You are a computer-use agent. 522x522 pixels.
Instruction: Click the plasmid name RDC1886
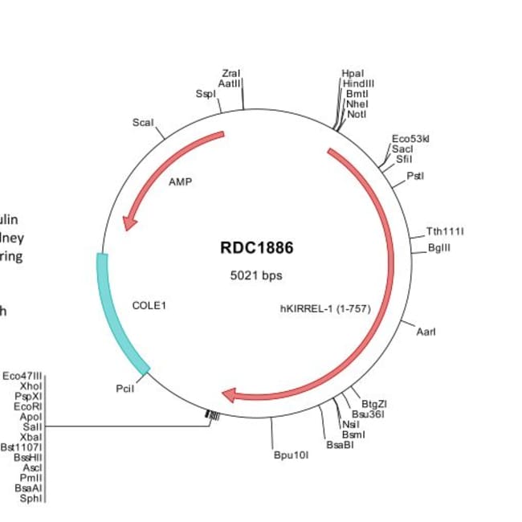(x=256, y=248)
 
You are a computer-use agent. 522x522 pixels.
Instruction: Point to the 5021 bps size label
(x=256, y=275)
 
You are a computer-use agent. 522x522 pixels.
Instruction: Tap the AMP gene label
(x=181, y=181)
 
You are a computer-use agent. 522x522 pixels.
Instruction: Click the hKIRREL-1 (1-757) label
(x=324, y=307)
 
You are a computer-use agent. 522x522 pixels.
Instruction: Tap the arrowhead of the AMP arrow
(x=127, y=221)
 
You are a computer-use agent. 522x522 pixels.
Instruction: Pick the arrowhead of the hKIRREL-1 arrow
(x=230, y=395)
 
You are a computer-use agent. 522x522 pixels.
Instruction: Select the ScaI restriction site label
(x=143, y=122)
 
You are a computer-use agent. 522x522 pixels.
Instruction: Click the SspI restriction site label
(x=206, y=94)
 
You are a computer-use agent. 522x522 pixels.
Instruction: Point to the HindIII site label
(x=358, y=83)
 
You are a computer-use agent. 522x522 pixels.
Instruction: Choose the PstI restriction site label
(x=415, y=175)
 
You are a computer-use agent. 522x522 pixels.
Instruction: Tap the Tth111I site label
(x=445, y=232)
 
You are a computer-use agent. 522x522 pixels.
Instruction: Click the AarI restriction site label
(x=426, y=331)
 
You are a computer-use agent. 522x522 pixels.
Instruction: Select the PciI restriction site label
(x=124, y=389)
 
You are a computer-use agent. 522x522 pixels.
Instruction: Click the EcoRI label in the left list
(x=29, y=406)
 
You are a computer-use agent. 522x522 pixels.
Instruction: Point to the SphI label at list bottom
(x=32, y=497)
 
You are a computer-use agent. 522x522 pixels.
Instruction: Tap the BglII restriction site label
(x=439, y=248)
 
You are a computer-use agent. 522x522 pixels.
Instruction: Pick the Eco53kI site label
(x=410, y=139)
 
